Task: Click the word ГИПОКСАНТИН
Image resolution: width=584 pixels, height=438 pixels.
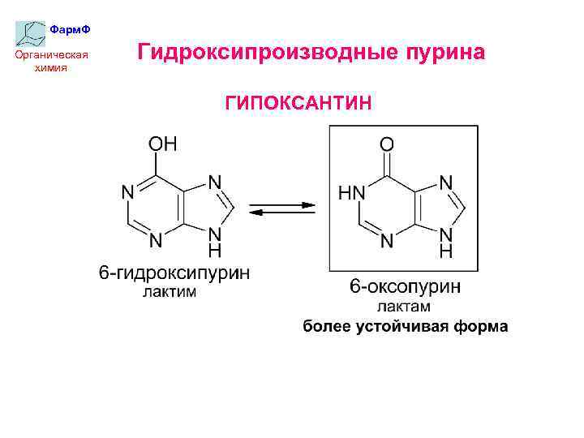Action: pyautogui.click(x=298, y=103)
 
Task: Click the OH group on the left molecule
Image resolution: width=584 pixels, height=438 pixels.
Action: pyautogui.click(x=162, y=144)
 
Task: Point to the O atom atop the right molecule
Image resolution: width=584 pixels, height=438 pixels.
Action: pyautogui.click(x=387, y=144)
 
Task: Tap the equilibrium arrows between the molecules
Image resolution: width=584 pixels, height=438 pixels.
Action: pyautogui.click(x=281, y=208)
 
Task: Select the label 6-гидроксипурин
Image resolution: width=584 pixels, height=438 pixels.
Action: pyautogui.click(x=174, y=274)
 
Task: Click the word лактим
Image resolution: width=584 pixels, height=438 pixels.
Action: pyautogui.click(x=170, y=292)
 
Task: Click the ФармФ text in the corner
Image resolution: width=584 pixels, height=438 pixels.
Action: pyautogui.click(x=70, y=29)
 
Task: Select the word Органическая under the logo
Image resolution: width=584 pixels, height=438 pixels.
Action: pyautogui.click(x=52, y=55)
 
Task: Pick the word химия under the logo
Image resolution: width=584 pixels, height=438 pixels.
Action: pyautogui.click(x=51, y=67)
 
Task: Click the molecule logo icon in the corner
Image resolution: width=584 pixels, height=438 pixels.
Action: pyautogui.click(x=31, y=32)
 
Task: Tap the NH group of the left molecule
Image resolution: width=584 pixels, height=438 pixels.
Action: pyautogui.click(x=215, y=239)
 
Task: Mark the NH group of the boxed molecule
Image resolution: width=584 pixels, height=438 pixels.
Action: pyautogui.click(x=445, y=241)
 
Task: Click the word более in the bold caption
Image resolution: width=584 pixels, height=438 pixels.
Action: pyautogui.click(x=327, y=327)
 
